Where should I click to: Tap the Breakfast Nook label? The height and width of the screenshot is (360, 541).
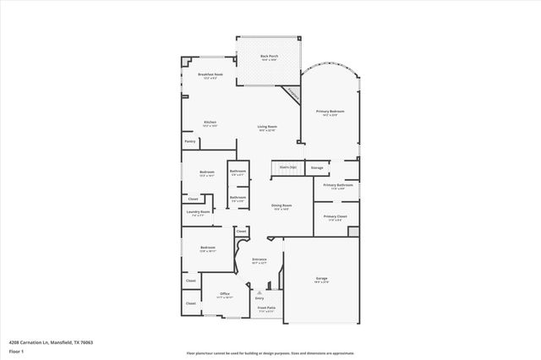click(210, 75)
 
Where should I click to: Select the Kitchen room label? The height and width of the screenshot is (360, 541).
click(210, 122)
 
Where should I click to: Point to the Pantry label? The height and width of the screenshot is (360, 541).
click(190, 141)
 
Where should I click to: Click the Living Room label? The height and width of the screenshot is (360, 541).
click(267, 128)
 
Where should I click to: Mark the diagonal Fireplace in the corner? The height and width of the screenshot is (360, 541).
click(292, 94)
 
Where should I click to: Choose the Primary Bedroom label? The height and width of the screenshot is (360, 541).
click(331, 112)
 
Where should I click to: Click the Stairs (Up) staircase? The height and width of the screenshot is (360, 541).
click(287, 167)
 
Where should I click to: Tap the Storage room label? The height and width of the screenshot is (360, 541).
click(317, 168)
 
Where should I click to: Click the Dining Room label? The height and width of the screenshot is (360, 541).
click(281, 205)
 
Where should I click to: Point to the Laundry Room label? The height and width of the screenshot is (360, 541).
click(198, 213)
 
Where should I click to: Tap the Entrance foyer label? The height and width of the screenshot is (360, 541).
click(259, 259)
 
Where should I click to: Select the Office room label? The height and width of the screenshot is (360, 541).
click(225, 294)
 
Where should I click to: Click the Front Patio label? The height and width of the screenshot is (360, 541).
click(266, 308)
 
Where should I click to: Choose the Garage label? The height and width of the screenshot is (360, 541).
click(321, 278)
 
